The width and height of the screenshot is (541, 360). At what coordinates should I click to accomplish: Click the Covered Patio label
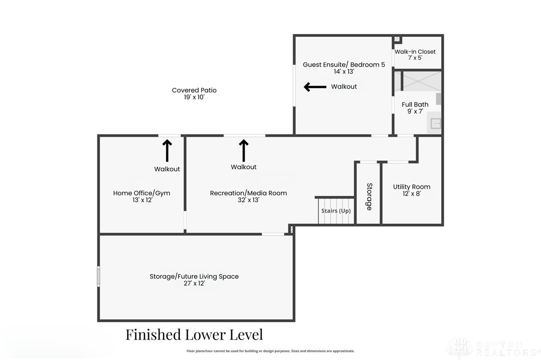[x=194, y=90]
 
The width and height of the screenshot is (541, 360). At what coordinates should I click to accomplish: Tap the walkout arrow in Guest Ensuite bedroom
[x=315, y=87]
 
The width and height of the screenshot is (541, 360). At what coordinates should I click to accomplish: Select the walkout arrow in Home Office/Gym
[x=167, y=150]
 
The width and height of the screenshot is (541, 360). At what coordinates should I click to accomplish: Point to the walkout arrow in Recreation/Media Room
[x=244, y=150]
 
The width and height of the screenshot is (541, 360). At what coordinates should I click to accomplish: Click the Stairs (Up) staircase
[x=336, y=211]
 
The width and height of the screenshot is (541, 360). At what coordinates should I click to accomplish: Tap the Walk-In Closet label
[x=415, y=52]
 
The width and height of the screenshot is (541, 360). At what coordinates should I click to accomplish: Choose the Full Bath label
[x=415, y=105]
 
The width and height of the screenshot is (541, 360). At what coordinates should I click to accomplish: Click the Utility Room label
[x=411, y=187]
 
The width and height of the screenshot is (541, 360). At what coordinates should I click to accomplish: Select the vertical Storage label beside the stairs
[x=369, y=196]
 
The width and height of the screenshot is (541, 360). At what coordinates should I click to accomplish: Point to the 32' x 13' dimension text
[x=248, y=200]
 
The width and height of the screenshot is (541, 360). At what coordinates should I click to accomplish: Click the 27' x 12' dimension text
[x=194, y=283]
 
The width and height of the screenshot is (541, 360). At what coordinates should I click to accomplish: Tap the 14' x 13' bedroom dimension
[x=344, y=72]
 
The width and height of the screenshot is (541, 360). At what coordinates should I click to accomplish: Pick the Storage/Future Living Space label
[x=194, y=276]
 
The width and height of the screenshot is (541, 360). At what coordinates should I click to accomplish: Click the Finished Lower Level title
[x=194, y=334]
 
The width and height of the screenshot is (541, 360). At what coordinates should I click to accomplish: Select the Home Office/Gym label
[x=141, y=193]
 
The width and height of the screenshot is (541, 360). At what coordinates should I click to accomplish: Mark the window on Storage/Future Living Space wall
[x=99, y=276]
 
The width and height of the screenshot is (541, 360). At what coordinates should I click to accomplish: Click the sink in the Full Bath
[x=435, y=123]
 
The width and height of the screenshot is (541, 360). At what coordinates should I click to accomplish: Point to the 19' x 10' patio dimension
[x=194, y=98]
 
